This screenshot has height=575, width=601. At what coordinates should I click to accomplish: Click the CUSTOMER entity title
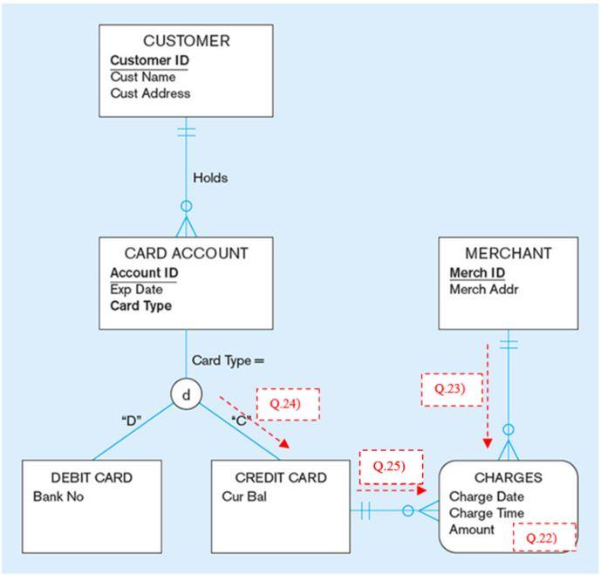(x=187, y=41)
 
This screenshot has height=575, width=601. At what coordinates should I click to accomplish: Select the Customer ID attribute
(x=149, y=60)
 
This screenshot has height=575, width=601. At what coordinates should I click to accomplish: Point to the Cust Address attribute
(x=150, y=93)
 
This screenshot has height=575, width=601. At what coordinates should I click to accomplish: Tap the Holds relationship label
(x=210, y=178)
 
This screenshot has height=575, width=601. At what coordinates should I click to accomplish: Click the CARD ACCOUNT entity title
(x=186, y=254)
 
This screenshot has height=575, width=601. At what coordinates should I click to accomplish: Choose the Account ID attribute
(x=144, y=273)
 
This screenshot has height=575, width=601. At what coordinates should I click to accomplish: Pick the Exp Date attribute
(x=136, y=290)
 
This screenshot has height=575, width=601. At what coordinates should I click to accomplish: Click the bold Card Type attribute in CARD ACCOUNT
(x=140, y=306)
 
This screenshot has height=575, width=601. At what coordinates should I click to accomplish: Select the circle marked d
(x=186, y=394)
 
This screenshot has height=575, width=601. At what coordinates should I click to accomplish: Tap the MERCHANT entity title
(x=508, y=254)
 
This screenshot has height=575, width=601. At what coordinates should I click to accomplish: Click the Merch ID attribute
(x=477, y=273)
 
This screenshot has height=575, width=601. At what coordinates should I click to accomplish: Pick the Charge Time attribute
(x=486, y=513)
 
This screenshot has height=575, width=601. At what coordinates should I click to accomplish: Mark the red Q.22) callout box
(x=544, y=538)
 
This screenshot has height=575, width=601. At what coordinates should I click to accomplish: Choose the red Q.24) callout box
(x=288, y=404)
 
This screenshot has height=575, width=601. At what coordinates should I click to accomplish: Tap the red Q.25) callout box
(x=390, y=467)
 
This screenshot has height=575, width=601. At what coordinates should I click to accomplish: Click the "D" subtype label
(x=131, y=420)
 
